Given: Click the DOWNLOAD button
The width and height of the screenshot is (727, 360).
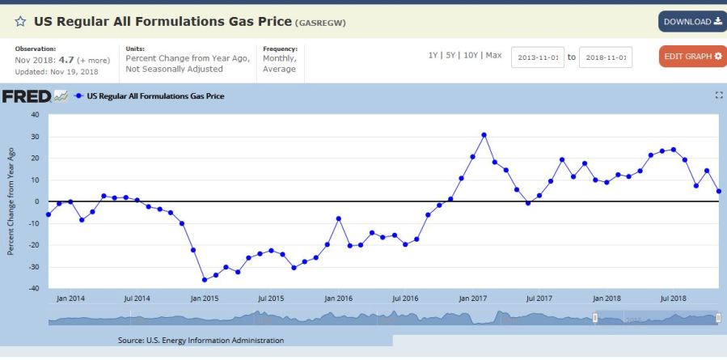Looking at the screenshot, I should pyautogui.click(x=692, y=22).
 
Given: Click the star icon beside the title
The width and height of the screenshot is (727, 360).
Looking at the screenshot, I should pyautogui.click(x=20, y=22).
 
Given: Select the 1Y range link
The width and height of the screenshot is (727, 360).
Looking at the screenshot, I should pyautogui.click(x=433, y=55).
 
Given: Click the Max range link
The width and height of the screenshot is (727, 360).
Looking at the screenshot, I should pyautogui.click(x=494, y=55).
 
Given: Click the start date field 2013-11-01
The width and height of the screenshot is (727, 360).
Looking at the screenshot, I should pyautogui.click(x=537, y=57).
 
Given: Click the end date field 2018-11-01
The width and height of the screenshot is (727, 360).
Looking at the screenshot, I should pyautogui.click(x=606, y=57).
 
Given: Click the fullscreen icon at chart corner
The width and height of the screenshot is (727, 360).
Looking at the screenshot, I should pyautogui.click(x=719, y=96).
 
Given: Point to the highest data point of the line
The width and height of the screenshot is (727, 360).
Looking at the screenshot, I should pyautogui.click(x=484, y=135).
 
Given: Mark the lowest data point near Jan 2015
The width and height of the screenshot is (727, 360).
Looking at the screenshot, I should pyautogui.click(x=205, y=280).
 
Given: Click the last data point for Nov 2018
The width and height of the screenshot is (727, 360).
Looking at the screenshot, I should pyautogui.click(x=719, y=192).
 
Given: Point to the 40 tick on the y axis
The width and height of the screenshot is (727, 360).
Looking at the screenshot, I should pyautogui.click(x=34, y=115).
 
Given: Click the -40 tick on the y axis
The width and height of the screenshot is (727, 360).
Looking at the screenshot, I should pyautogui.click(x=33, y=289).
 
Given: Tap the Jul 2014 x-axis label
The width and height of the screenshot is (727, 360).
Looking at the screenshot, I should pyautogui.click(x=137, y=299).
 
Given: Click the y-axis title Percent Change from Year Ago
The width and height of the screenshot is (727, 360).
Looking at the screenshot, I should pyautogui.click(x=11, y=201).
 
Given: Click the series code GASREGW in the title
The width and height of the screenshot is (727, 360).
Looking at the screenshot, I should pyautogui.click(x=321, y=23).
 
